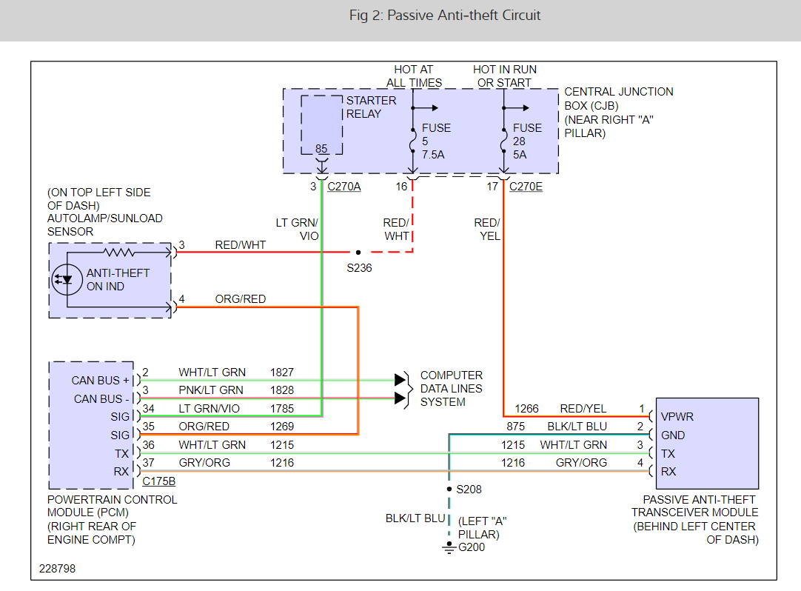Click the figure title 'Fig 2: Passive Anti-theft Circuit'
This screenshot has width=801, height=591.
[x=445, y=16]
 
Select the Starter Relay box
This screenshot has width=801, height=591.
[x=322, y=124]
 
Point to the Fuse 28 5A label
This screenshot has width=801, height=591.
[x=527, y=141]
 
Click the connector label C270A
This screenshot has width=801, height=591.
[x=344, y=187]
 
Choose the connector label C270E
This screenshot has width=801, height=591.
[x=526, y=187]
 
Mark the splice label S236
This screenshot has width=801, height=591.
[x=359, y=268]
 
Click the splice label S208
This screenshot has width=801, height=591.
[x=468, y=490]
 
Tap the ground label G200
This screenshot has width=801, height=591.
[x=472, y=548]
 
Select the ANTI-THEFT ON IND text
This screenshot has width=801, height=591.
[x=118, y=280]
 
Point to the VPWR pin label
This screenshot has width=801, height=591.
[x=677, y=417]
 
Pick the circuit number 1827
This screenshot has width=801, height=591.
[x=282, y=373]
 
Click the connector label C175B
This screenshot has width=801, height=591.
[x=158, y=481]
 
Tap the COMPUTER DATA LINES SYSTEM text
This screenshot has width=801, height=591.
[x=452, y=389]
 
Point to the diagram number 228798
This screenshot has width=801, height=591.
[x=58, y=570]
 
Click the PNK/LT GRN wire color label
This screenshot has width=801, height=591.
[x=211, y=390]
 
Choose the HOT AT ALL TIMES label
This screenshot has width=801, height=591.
[x=414, y=76]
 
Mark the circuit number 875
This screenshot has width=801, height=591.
[x=515, y=427]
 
